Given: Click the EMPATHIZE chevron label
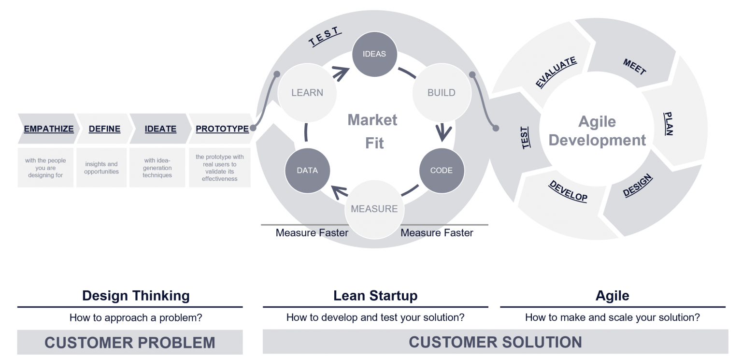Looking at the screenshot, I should click(49, 129).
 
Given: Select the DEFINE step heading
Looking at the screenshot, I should click(104, 129).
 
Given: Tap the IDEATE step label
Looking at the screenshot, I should click(160, 129).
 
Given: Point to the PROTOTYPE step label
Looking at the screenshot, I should click(222, 129).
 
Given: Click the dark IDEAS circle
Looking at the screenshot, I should click(374, 54).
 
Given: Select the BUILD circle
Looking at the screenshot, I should click(441, 93).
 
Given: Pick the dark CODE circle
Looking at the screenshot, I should click(441, 171).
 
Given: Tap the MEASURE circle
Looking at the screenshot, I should click(374, 209).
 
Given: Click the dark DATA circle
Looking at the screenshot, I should click(307, 171).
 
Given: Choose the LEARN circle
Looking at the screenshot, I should click(307, 93).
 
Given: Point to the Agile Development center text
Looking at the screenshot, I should click(597, 131).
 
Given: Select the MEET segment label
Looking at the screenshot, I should click(634, 67).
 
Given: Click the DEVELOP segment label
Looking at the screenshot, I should click(568, 191).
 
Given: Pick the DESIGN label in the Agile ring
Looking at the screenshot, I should click(638, 186).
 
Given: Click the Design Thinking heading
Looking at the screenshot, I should click(136, 295).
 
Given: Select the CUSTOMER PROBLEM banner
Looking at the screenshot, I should click(130, 343).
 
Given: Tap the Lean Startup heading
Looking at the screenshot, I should click(375, 295).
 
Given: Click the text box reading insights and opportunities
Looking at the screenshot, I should click(101, 168).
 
